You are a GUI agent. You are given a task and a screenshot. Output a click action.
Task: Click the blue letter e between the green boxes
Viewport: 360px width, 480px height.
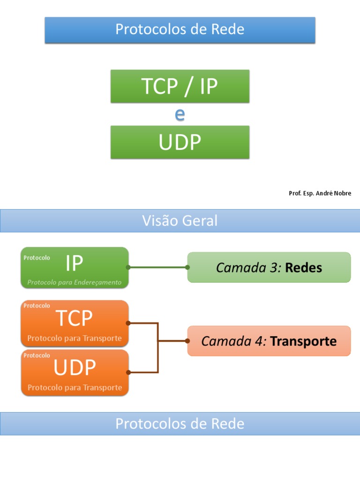[180, 114]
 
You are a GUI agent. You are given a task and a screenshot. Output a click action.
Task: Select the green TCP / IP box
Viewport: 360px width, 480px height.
[180, 86]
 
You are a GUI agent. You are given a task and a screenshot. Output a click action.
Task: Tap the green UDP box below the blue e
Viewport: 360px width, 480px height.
[180, 142]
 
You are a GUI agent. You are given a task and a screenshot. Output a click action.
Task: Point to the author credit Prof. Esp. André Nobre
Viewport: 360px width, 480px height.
[320, 193]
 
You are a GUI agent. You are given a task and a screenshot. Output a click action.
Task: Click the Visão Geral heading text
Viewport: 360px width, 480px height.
[180, 221]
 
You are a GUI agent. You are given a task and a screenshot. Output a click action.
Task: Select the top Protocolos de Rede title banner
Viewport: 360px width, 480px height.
[180, 30]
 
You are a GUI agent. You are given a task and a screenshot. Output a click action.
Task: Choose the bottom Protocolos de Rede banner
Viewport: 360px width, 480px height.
[180, 424]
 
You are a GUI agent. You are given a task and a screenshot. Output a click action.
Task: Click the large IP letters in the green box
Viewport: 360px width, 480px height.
[75, 264]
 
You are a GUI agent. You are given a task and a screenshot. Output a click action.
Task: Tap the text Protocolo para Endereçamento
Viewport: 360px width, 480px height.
[75, 282]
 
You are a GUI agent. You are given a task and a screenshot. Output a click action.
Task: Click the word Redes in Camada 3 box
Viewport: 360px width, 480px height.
[303, 268]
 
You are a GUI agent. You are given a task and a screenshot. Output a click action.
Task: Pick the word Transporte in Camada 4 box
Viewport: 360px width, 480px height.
[303, 341]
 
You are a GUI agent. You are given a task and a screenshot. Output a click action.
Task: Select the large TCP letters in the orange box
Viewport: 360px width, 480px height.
[75, 319]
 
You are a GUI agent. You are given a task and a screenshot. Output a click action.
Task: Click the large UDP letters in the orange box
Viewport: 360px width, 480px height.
[75, 368]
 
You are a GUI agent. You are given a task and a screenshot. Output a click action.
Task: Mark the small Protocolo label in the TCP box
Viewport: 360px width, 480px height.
[37, 306]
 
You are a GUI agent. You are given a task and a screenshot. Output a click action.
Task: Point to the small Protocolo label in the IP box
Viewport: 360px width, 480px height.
[37, 257]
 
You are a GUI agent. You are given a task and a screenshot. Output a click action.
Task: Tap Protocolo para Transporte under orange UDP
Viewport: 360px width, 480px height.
[75, 388]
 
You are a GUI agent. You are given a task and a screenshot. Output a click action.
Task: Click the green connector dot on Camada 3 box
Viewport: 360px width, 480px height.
[187, 267]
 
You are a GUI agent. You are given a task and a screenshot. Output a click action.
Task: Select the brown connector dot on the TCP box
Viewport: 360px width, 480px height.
[128, 323]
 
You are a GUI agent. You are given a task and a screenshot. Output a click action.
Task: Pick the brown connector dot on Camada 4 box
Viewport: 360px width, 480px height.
[187, 341]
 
